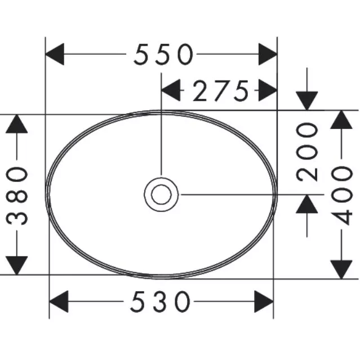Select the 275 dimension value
[x=220, y=90]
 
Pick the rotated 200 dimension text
[x=308, y=151]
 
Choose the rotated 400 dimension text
[x=341, y=194]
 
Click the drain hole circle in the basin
[x=161, y=194]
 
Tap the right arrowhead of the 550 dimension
[x=267, y=55]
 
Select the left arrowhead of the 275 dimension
[x=171, y=90]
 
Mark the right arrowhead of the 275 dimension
[x=267, y=90]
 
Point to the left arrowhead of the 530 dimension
[x=59, y=301]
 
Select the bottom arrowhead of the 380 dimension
[x=17, y=265]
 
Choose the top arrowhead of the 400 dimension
[x=341, y=119]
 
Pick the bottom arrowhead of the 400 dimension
[x=341, y=268]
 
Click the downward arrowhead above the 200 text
[x=308, y=100]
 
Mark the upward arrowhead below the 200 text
[x=308, y=204]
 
